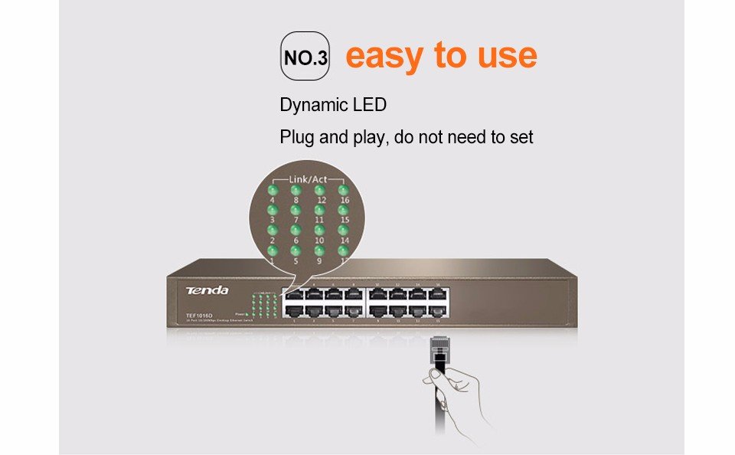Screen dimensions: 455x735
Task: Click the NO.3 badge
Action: pos(305,57)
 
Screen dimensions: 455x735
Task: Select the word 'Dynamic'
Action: pos(312,105)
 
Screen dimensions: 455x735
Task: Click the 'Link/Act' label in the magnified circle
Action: pos(308,179)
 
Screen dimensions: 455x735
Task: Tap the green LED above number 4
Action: pos(272,190)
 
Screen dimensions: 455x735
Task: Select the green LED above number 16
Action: pos(344,190)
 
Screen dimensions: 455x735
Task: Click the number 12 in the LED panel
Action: pos(320,200)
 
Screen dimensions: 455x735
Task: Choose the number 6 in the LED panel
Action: pos(296,241)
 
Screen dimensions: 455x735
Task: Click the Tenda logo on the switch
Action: pos(207,290)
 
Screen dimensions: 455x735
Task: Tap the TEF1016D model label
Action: pos(198,315)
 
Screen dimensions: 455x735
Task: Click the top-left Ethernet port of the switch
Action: pos(292,293)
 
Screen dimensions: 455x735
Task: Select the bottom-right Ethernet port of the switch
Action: pos(437,312)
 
